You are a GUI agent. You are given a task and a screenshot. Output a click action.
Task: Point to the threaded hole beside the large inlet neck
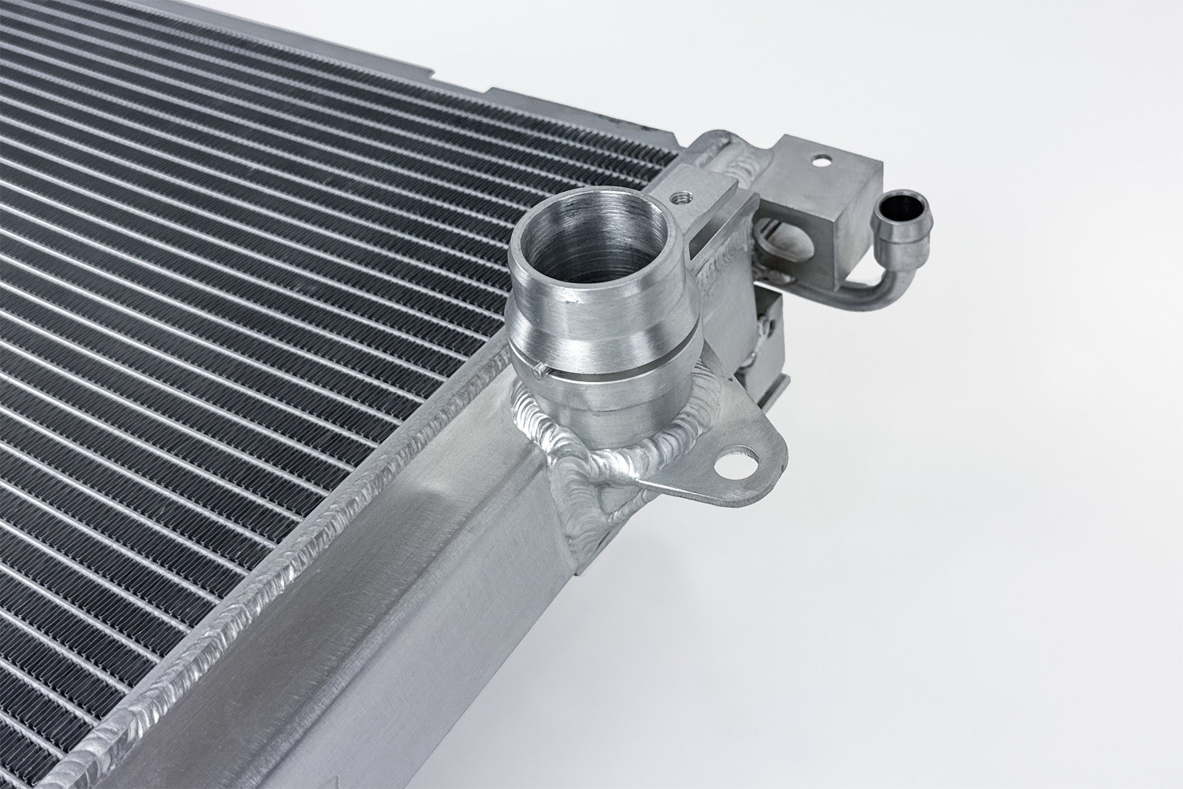683,197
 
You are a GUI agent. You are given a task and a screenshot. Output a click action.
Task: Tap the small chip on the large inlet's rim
574,301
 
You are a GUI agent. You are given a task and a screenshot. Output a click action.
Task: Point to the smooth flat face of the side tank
431,555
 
